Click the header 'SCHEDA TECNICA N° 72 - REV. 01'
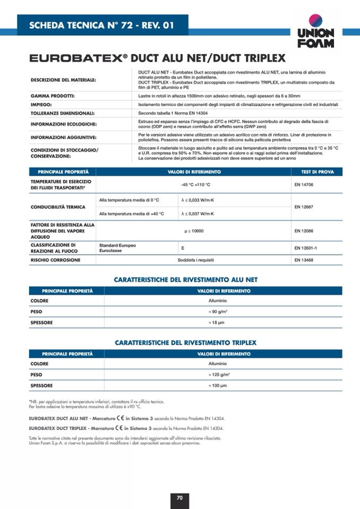point(101,25)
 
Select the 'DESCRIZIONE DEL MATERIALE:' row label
point(63,80)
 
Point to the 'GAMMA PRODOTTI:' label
point(52,96)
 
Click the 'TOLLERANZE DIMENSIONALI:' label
point(62,113)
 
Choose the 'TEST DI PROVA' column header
point(318,172)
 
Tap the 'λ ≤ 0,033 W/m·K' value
point(198,200)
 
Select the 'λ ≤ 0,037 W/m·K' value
point(198,213)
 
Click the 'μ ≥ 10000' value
point(194,231)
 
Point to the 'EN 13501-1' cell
point(305,248)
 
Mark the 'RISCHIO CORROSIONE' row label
point(55,260)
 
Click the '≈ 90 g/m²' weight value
point(218,312)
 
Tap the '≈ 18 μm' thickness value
point(218,322)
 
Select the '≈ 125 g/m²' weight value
point(218,374)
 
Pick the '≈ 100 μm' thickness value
point(218,385)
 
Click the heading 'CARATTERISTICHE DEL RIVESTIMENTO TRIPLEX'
point(185,342)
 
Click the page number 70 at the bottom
point(179,497)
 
